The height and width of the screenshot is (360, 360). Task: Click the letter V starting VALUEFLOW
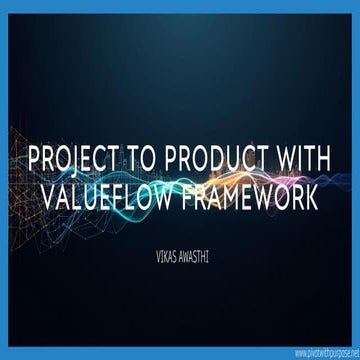coord(54,196)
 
